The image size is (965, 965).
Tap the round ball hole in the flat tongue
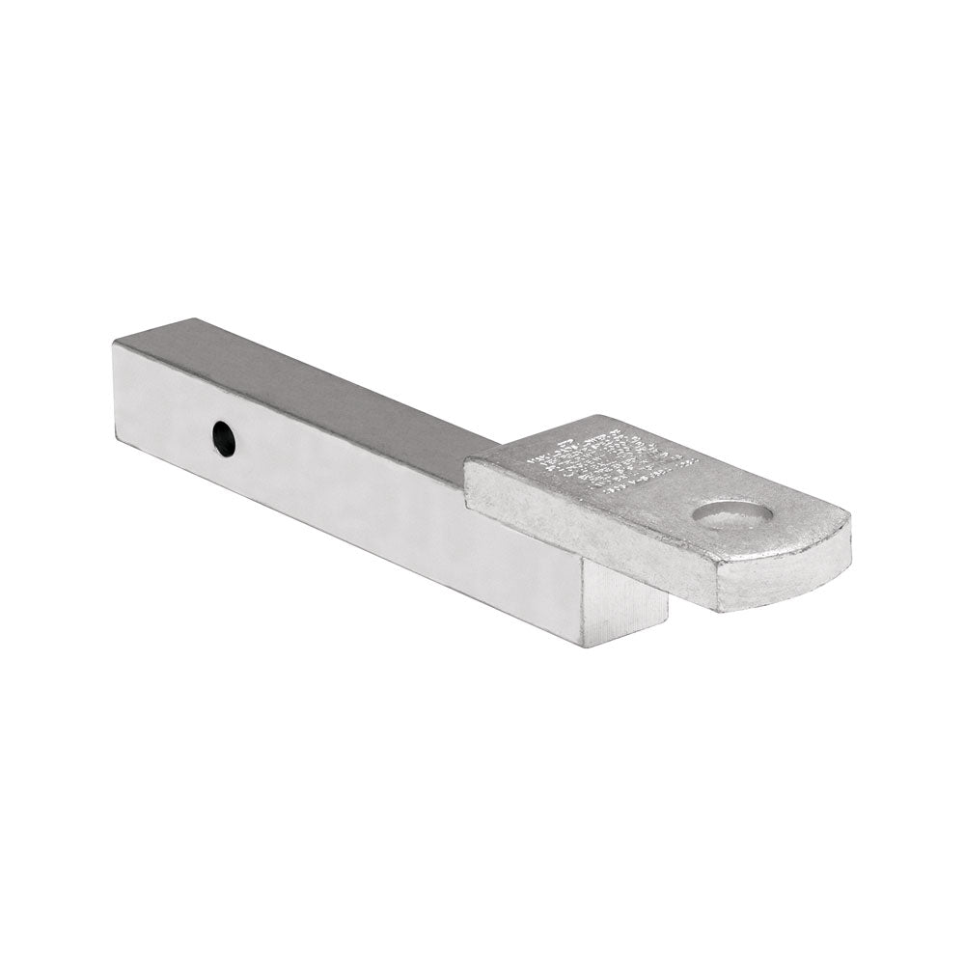(x=733, y=514)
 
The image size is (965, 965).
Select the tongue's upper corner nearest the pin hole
(x=467, y=460)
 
